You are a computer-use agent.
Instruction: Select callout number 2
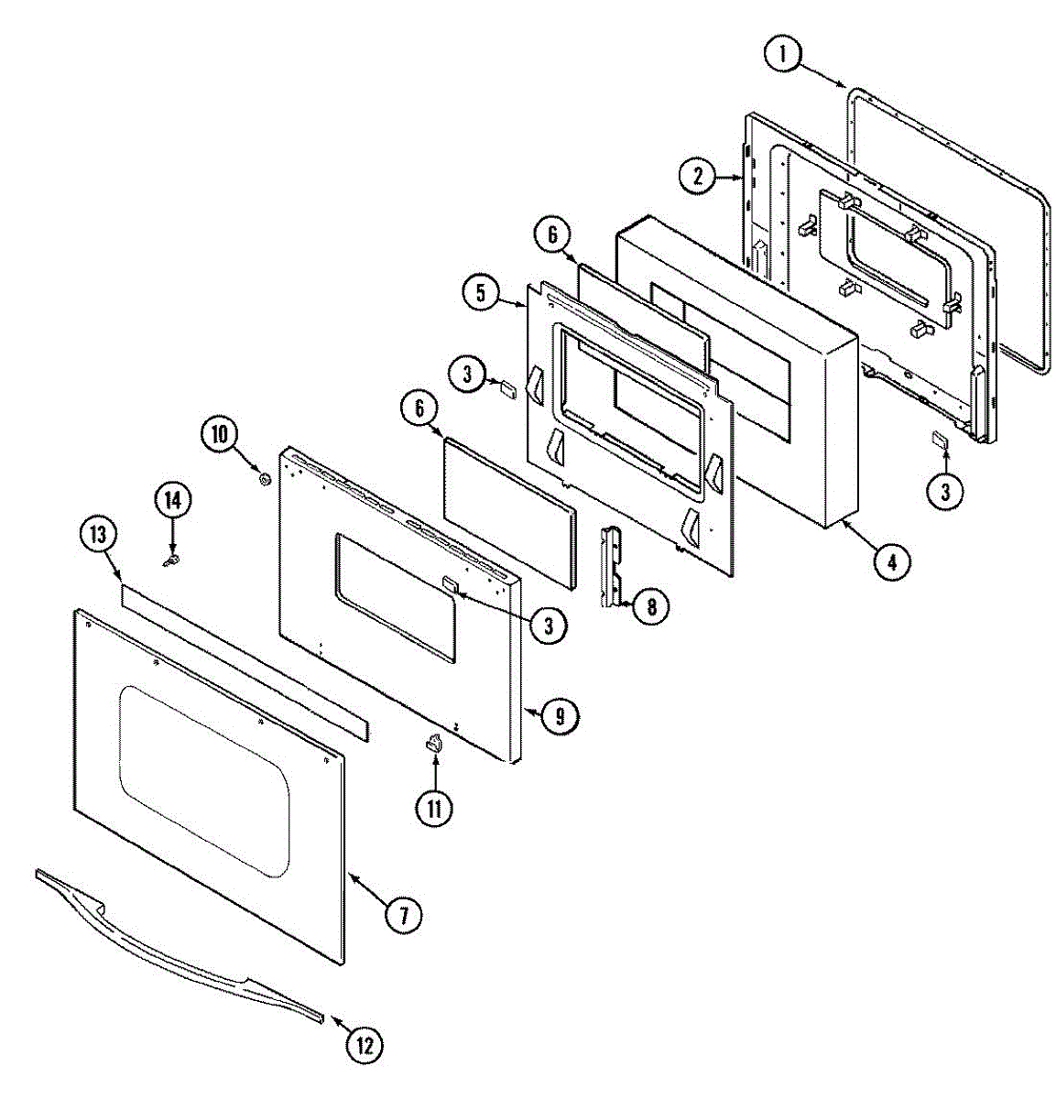[x=698, y=175]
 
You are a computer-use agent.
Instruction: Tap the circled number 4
[x=891, y=561]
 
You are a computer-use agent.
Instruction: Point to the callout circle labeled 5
[x=480, y=293]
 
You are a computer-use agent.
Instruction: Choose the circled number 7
[x=403, y=914]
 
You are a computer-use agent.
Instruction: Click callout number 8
[x=651, y=606]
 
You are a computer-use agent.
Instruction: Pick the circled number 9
[x=559, y=714]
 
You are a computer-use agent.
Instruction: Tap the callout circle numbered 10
[x=220, y=433]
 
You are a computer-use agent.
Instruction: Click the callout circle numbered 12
[x=365, y=1044]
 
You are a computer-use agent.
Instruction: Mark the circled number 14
[x=172, y=499]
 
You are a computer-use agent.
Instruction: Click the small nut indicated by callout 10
[x=265, y=479]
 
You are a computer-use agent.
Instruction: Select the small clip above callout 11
[x=434, y=744]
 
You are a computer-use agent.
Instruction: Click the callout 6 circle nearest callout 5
[x=552, y=235]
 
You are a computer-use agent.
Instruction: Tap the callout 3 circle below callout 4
[x=944, y=492]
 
